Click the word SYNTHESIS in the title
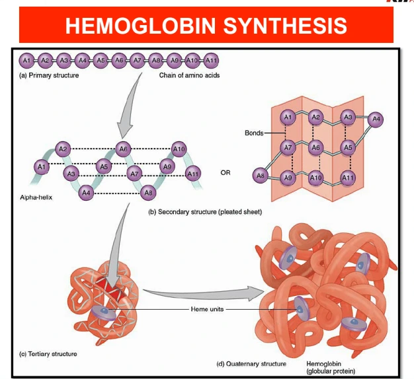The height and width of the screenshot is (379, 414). [285, 26]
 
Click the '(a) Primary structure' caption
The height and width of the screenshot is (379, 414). [48, 75]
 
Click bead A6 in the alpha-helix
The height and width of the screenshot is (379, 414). [122, 148]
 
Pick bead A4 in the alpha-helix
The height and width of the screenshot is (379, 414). [85, 193]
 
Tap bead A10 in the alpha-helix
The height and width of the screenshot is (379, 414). [179, 148]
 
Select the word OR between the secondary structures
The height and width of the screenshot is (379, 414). [226, 173]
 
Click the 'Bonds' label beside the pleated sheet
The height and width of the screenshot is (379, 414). [254, 133]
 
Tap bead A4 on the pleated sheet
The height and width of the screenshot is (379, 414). [377, 120]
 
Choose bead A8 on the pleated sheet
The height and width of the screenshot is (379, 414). [261, 176]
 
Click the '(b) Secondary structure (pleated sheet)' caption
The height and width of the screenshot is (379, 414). [205, 212]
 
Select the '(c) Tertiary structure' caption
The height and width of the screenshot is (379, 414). [48, 354]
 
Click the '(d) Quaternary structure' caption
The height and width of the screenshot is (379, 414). [252, 364]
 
